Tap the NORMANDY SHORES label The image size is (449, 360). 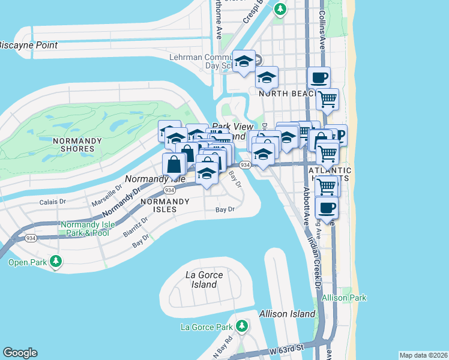tap(74, 145)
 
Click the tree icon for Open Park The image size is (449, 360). tap(56, 262)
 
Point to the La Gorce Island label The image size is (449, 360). tap(204, 280)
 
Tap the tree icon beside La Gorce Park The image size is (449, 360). tap(241, 326)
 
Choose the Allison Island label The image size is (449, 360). tap(287, 314)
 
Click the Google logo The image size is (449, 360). tap(20, 353)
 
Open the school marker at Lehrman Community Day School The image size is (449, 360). tap(244, 61)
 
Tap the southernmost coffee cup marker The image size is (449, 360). tap(326, 208)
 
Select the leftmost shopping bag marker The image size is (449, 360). tap(173, 163)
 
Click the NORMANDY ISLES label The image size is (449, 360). tap(158, 205)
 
